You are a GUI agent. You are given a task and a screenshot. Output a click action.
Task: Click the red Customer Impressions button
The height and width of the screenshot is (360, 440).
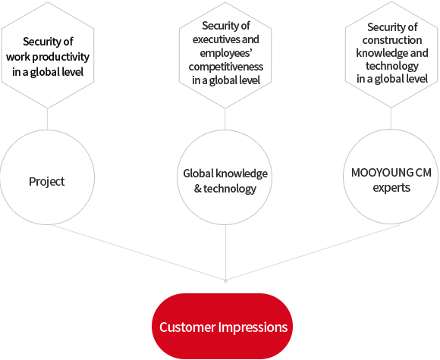tap(222, 327)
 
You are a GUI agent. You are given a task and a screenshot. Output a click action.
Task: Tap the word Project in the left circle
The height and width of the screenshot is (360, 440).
tap(46, 182)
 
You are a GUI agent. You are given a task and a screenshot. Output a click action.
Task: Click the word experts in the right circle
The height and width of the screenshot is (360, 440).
tap(391, 187)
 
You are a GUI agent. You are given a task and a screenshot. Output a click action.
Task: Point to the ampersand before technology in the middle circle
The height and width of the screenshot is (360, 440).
tap(197, 189)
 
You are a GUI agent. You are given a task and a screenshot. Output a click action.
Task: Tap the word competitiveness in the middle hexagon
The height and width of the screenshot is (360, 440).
tap(226, 67)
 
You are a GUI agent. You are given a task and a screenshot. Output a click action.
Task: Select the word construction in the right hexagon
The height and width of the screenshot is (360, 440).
tap(392, 40)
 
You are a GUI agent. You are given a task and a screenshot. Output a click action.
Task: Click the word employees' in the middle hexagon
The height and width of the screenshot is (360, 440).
tap(225, 53)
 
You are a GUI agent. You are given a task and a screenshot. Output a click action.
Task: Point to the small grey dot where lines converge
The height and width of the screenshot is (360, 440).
tap(225, 280)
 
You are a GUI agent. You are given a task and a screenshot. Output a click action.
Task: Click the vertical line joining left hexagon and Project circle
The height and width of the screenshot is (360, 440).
tap(48, 119)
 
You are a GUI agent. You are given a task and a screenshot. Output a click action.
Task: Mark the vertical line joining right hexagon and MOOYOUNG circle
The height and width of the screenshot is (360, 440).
tap(391, 118)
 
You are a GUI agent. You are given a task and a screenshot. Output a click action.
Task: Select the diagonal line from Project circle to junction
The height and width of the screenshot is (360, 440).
tap(137, 252)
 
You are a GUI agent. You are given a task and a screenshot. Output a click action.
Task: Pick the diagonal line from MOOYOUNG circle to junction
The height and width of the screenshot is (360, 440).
tap(313, 252)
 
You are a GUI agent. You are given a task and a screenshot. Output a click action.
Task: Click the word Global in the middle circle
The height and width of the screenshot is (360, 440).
tap(199, 174)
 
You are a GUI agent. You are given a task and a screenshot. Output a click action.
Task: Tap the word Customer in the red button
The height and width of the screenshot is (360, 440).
tap(187, 327)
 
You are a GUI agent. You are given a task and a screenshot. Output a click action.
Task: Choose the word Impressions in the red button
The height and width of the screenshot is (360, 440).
tap(253, 327)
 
